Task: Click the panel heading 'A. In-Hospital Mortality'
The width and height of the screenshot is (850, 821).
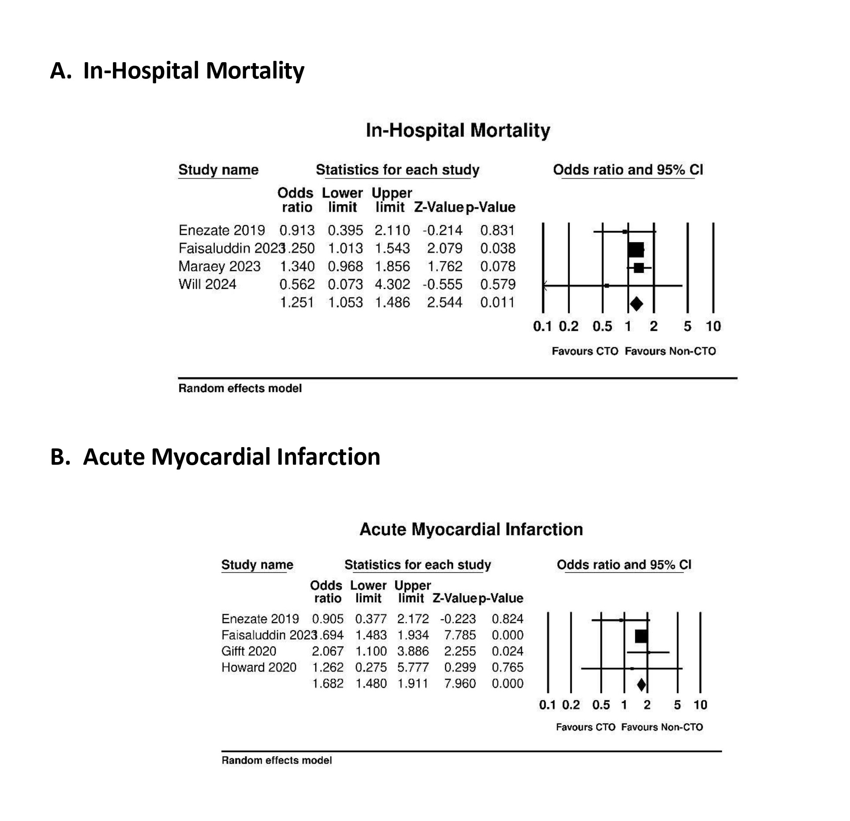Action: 177,71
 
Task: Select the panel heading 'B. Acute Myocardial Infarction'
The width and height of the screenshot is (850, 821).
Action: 215,456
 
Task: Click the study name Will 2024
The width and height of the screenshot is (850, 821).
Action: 207,284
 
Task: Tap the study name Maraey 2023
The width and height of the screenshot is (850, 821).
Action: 219,266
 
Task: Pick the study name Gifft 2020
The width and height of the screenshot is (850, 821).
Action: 248,651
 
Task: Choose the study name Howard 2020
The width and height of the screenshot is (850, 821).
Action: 258,667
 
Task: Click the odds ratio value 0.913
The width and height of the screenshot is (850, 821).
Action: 297,230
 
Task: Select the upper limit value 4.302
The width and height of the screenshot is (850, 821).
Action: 392,284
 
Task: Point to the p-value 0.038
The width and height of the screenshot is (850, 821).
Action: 498,248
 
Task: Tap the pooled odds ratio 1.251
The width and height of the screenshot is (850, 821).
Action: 297,302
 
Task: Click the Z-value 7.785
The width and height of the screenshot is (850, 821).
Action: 460,635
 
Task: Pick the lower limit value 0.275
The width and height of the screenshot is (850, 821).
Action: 371,667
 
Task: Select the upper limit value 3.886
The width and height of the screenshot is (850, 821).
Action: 412,651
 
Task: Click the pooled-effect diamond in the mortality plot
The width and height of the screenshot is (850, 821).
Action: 636,303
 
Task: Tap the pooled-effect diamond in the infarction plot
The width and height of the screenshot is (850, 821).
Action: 641,684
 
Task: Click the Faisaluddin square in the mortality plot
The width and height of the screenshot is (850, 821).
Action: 636,250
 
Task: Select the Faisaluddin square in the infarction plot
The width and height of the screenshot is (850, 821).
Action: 641,636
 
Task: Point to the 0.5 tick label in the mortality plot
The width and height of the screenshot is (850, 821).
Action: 602,326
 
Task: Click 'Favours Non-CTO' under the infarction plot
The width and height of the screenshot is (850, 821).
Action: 662,727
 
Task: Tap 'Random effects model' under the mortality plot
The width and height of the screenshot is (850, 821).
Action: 240,388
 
